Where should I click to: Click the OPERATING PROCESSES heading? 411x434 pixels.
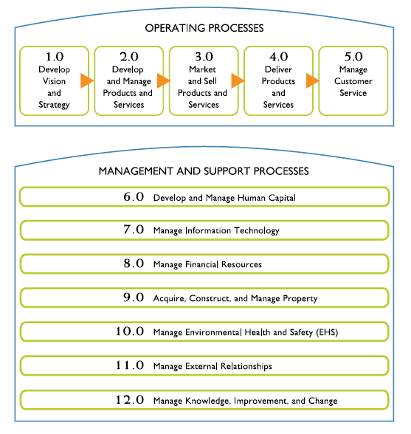point(204,28)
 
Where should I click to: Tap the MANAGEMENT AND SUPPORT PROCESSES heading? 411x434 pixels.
point(204,171)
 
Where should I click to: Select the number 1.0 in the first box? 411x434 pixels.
point(55,57)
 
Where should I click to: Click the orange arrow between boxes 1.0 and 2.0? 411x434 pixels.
point(87,81)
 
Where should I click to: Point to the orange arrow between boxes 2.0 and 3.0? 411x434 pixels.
point(164,81)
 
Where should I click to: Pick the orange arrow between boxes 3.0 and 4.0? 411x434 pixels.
point(238,81)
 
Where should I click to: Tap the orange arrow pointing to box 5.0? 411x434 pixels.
point(313,81)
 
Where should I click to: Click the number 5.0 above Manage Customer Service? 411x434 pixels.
point(353,57)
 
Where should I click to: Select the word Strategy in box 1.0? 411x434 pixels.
point(54,105)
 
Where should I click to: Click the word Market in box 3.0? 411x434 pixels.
point(202,69)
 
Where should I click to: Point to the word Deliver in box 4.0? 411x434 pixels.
point(278,69)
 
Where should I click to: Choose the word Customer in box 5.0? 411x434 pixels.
point(353,81)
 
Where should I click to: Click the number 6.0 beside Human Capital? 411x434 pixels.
point(134,197)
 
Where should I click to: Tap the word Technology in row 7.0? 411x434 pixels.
point(257,231)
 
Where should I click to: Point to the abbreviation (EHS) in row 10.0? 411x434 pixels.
point(327,332)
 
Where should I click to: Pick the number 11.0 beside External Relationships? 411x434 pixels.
point(130,365)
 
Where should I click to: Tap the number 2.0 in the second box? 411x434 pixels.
point(129,57)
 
